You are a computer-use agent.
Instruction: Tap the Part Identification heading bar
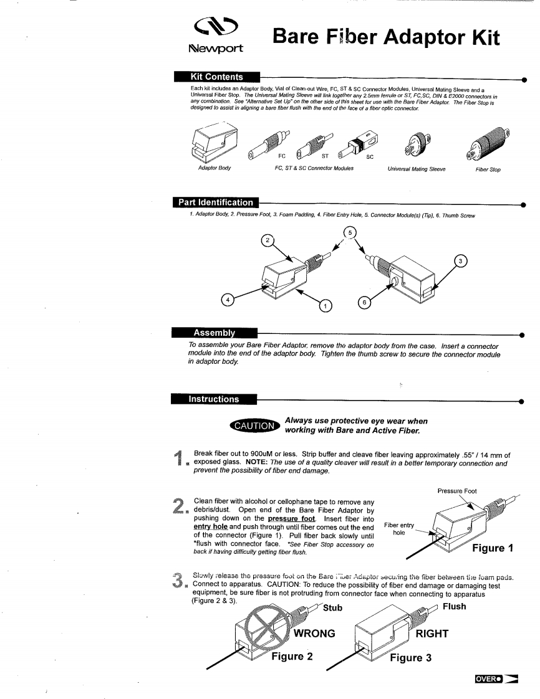click(216, 202)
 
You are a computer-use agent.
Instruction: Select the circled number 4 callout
click(229, 300)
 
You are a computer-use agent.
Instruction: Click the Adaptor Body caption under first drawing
click(213, 168)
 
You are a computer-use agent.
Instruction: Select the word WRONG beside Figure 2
click(315, 634)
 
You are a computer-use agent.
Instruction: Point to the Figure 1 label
click(496, 548)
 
